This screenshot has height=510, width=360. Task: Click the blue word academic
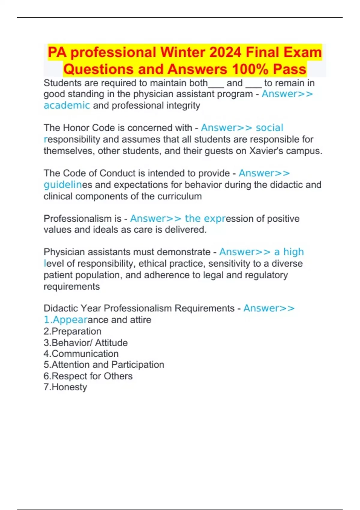coord(67,105)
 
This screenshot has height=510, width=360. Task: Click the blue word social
coord(269,128)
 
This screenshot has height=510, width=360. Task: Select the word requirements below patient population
coord(71,286)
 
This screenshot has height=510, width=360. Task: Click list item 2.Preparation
coord(72,331)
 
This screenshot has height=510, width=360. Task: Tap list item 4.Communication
coord(81,354)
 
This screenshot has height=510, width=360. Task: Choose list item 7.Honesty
coord(65,387)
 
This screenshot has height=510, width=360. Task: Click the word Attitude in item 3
coord(111,343)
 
